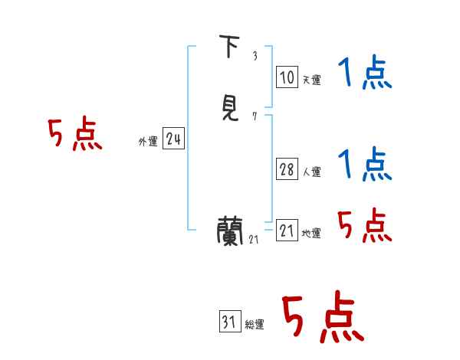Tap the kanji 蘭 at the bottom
(230, 231)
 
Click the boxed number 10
(287, 77)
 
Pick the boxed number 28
(287, 169)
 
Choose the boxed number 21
(287, 231)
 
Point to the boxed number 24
(173, 139)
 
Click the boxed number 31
(229, 322)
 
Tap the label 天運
(311, 80)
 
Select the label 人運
(311, 172)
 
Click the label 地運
(311, 233)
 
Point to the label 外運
(148, 141)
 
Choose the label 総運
(255, 325)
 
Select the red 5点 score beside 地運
(364, 225)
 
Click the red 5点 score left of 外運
(74, 135)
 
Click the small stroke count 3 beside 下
(255, 56)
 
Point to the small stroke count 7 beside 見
(255, 116)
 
